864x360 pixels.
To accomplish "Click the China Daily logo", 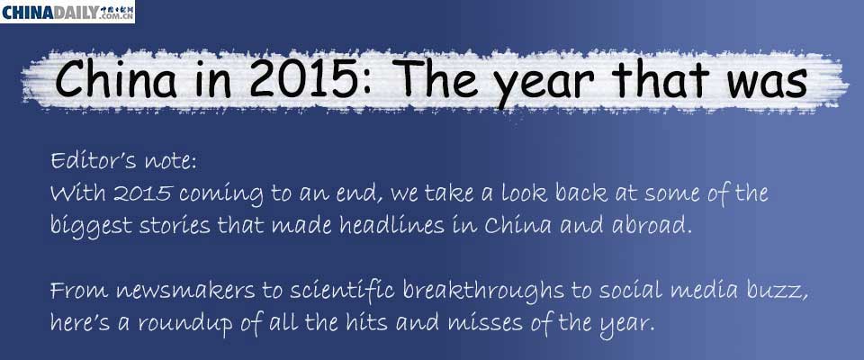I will (67, 12).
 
